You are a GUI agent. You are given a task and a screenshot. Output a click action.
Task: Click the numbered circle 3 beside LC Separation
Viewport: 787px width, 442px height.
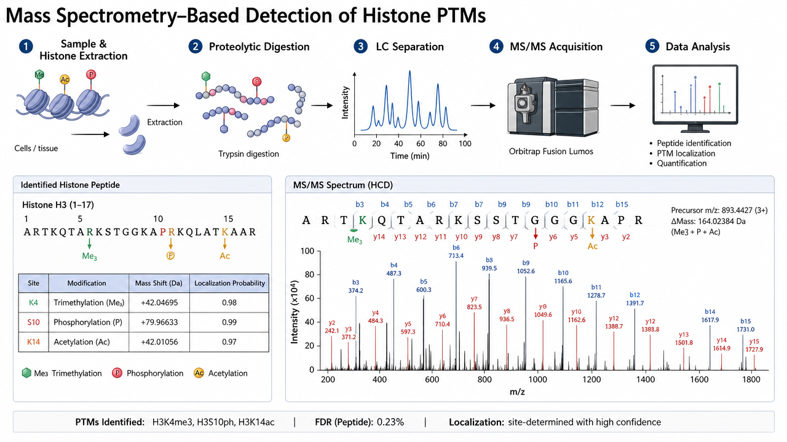pyautogui.click(x=360, y=46)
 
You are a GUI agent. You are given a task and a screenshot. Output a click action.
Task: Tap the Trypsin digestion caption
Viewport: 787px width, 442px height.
pyautogui.click(x=248, y=153)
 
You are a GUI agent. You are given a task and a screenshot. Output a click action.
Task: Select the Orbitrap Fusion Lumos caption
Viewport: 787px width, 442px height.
pyautogui.click(x=551, y=152)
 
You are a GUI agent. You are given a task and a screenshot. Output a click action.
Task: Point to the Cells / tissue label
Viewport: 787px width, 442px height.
pyautogui.click(x=36, y=149)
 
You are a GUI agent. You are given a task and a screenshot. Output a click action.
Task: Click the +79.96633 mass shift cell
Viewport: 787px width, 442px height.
pyautogui.click(x=159, y=322)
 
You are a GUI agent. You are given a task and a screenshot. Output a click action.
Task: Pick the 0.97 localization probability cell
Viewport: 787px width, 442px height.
pyautogui.click(x=229, y=342)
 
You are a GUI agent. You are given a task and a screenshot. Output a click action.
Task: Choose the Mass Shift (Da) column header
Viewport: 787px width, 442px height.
pyautogui.click(x=159, y=283)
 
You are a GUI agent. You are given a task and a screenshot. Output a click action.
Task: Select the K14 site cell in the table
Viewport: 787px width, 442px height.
pyautogui.click(x=33, y=342)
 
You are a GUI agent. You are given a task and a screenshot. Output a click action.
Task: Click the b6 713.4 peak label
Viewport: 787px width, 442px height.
pyautogui.click(x=456, y=252)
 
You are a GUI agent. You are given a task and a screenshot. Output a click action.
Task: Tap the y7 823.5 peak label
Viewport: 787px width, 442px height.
pyautogui.click(x=474, y=303)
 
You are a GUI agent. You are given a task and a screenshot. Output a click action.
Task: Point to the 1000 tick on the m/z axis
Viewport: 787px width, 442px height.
pyautogui.click(x=537, y=379)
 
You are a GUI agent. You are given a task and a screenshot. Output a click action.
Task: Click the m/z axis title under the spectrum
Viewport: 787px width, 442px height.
pyautogui.click(x=517, y=392)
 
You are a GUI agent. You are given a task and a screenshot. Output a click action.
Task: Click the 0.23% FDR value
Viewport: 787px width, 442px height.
pyautogui.click(x=390, y=422)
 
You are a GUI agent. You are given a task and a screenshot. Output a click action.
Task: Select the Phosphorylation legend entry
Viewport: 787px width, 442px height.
pyautogui.click(x=148, y=373)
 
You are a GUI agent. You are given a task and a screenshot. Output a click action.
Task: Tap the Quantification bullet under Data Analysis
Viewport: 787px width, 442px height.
pyautogui.click(x=682, y=163)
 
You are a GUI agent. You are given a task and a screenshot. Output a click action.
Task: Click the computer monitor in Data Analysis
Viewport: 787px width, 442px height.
pyautogui.click(x=695, y=99)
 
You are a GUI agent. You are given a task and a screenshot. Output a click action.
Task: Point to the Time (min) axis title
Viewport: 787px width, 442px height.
pyautogui.click(x=409, y=156)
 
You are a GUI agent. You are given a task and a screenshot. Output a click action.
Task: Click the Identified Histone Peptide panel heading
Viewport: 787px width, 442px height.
pyautogui.click(x=70, y=185)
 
